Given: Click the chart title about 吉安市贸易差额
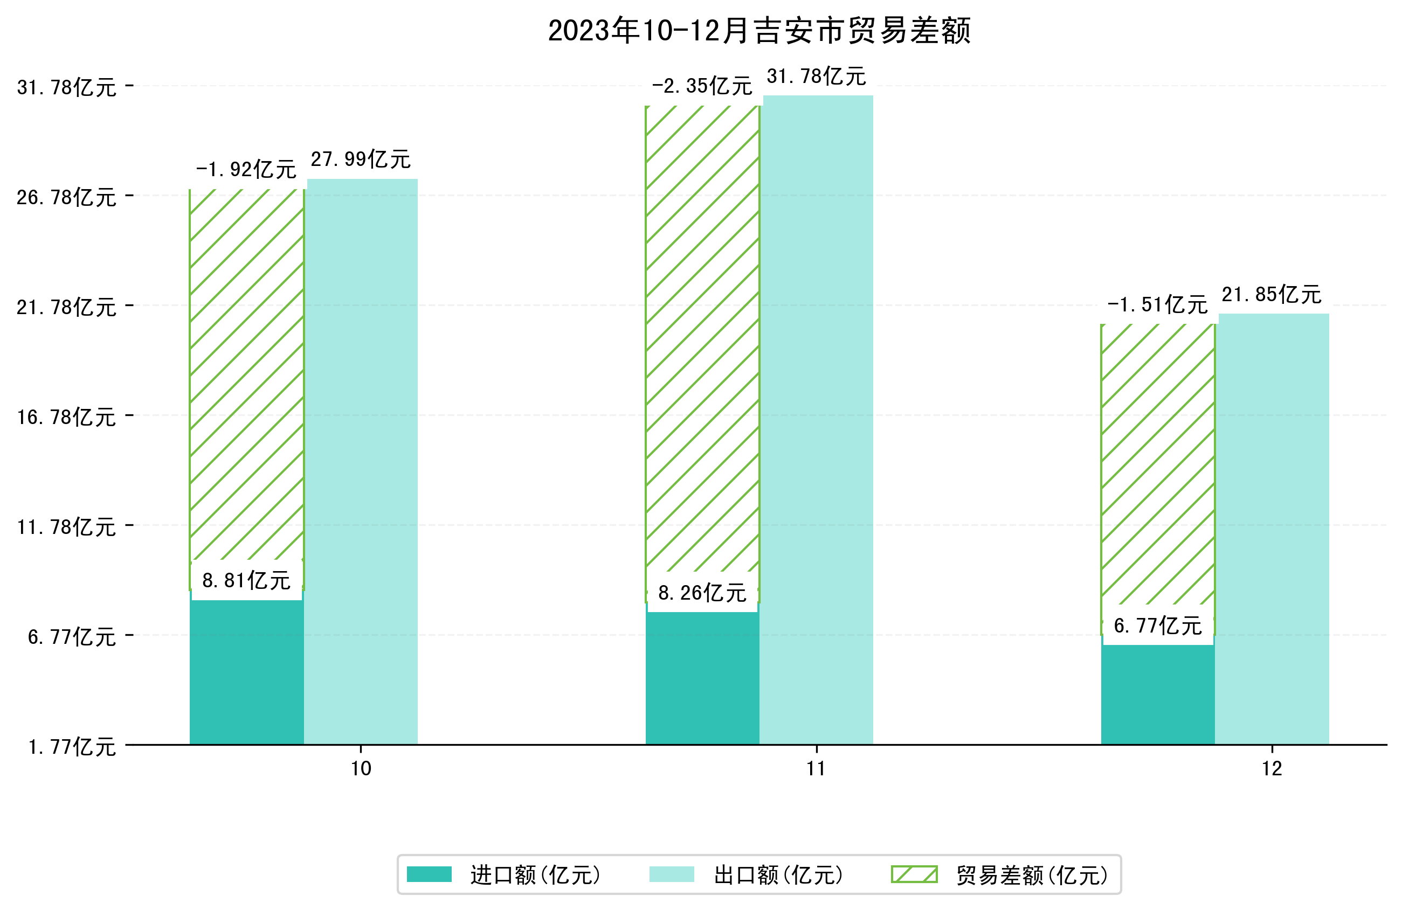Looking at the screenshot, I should (x=759, y=31).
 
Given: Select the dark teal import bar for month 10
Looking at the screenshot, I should (x=246, y=671).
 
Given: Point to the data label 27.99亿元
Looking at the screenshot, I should (x=361, y=159).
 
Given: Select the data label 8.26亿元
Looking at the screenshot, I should (x=702, y=593).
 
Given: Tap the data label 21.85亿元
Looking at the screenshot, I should (x=1271, y=295).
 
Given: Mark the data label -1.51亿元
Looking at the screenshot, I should (x=1157, y=305).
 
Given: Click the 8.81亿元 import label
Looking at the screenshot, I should (x=246, y=581).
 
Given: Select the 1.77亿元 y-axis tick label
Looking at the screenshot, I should (x=71, y=747).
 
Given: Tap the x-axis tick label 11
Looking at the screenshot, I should (x=816, y=769).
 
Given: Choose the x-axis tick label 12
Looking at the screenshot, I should (x=1272, y=769).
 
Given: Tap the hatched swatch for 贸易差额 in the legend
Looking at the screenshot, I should (x=914, y=874).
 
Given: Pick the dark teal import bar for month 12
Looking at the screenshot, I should (x=1157, y=695).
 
